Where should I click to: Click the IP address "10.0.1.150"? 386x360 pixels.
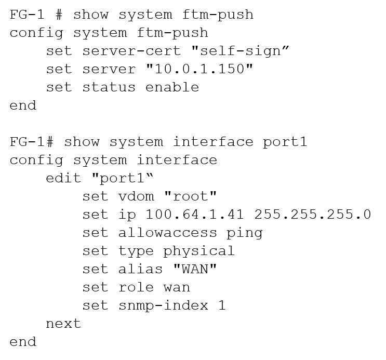coord(195,69)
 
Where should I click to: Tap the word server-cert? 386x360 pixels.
coord(109,50)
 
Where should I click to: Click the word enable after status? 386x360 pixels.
coord(172,87)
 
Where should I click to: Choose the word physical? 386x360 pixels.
coord(199,251)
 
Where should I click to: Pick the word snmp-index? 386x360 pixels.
coord(163,305)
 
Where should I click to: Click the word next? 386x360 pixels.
coord(63,324)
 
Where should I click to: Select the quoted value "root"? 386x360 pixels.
coord(190,196)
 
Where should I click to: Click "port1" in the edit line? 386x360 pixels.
coord(123,178)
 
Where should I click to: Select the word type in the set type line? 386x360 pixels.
coord(136,251)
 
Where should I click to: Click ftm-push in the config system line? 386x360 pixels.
coord(172,32)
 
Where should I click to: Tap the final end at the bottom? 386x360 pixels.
coord(22,342)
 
